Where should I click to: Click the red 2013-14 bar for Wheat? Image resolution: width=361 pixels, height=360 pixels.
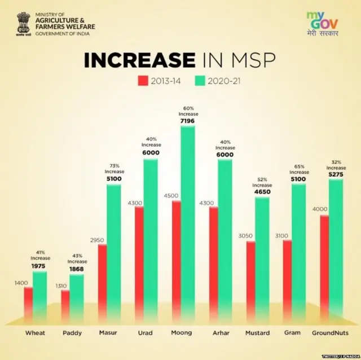28,305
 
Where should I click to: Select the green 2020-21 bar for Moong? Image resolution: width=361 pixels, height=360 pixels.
188,226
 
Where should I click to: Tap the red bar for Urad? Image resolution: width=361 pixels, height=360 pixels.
139,265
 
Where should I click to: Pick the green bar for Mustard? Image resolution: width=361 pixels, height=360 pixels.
262,260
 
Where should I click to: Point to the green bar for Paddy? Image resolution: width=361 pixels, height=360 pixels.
77,299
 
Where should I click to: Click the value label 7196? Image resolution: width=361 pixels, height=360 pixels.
188,121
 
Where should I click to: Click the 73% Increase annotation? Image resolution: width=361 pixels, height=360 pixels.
114,168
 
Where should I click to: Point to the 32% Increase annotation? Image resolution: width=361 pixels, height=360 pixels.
336,164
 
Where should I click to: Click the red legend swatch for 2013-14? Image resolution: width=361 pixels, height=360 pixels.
143,81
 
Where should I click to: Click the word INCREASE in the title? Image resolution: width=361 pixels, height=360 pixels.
139,60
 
